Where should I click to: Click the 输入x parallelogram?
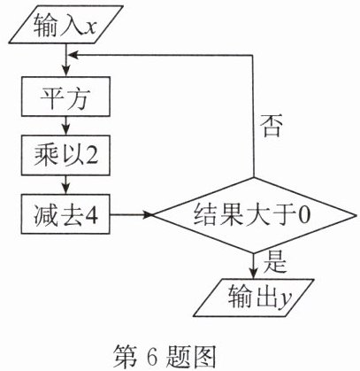[x=66, y=25]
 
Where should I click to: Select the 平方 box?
[x=65, y=97]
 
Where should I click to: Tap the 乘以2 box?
[x=65, y=155]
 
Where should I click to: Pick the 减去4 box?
[x=65, y=214]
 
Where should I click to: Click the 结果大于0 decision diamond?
[x=254, y=215]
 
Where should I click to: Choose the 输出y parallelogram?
[x=253, y=298]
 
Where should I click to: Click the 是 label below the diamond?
[x=275, y=262]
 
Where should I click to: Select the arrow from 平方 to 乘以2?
[x=65, y=126]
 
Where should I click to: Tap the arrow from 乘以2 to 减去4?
[x=65, y=185]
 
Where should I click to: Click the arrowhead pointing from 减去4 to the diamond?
[x=147, y=215]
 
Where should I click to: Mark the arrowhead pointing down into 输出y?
[x=253, y=274]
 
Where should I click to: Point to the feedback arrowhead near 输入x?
[x=73, y=55]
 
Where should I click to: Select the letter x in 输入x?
[x=88, y=28]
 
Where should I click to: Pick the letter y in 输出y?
[x=285, y=301]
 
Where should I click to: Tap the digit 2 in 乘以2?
[x=91, y=155]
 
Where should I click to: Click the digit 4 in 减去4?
[x=91, y=215]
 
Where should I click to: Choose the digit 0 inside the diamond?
[x=303, y=215]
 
